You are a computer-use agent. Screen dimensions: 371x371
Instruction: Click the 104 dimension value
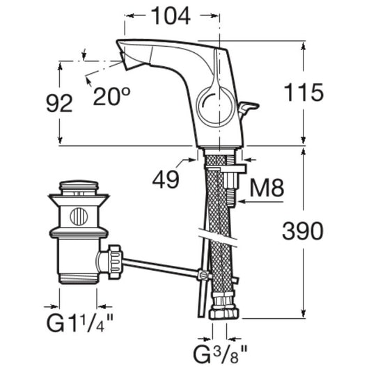171,16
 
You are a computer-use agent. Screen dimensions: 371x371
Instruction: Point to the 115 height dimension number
303,93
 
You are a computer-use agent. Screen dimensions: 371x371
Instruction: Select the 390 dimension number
303,231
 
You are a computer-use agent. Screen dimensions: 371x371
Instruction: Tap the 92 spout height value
59,104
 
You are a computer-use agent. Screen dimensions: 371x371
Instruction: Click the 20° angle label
111,96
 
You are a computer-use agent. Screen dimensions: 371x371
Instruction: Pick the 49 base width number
166,179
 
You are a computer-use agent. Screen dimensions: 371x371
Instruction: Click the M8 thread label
267,188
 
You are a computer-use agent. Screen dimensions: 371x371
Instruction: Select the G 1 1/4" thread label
80,323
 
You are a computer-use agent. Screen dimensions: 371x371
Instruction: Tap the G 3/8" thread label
220,354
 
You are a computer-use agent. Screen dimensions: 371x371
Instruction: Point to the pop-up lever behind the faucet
248,109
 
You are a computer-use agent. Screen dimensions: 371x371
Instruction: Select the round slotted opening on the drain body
79,216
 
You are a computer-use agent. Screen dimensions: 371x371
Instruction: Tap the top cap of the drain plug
79,185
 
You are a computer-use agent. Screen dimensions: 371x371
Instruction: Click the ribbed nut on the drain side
116,262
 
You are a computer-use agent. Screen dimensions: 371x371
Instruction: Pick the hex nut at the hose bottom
224,313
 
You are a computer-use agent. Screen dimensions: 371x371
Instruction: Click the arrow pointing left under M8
261,202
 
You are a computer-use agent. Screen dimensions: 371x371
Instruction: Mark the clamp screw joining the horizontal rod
203,275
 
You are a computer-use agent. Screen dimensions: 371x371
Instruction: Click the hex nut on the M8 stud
232,180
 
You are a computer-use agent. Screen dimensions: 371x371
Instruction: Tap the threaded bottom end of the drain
79,278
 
